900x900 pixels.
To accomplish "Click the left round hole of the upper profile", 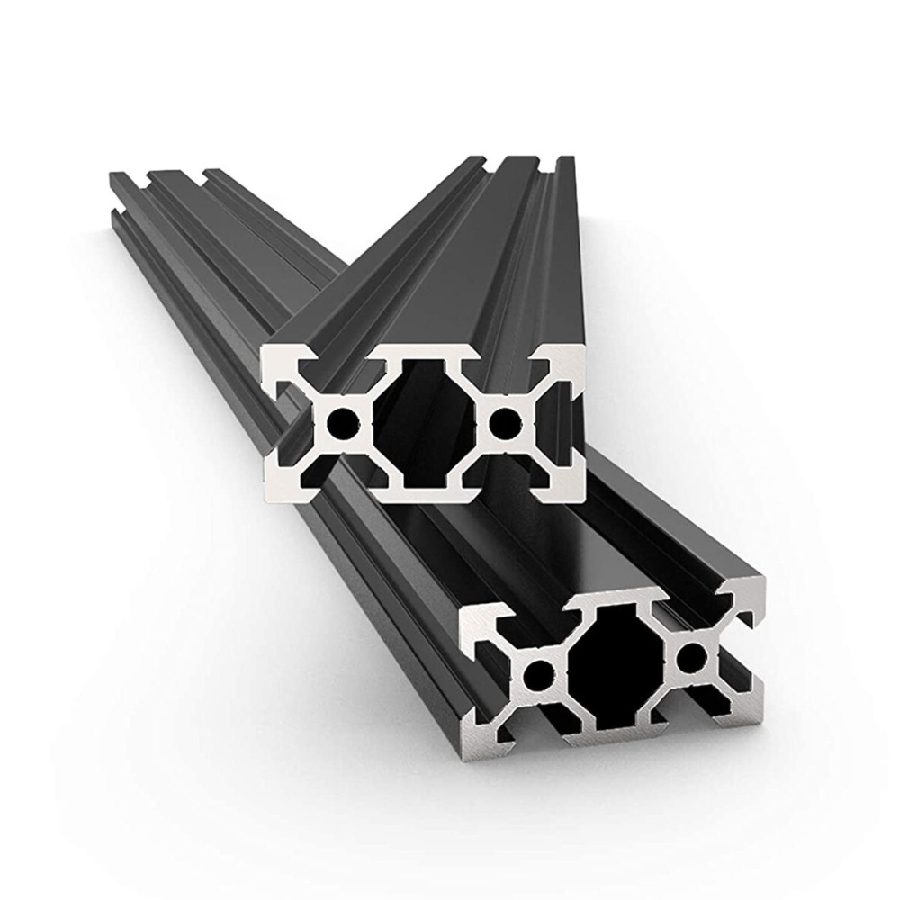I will (x=342, y=420).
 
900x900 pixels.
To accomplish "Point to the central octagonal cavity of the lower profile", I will (x=615, y=663).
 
